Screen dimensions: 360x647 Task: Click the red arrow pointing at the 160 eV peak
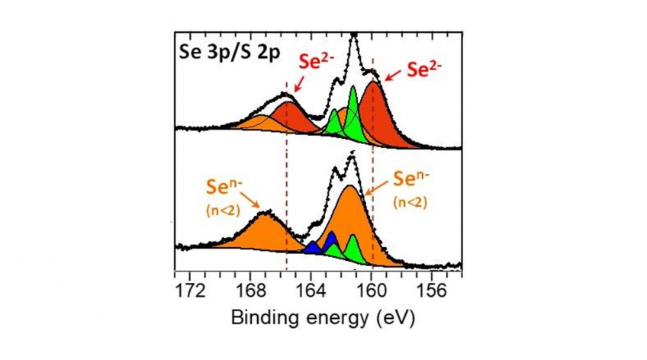394,75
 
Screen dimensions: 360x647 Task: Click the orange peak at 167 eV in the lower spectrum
263,233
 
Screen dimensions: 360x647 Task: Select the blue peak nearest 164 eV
312,248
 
